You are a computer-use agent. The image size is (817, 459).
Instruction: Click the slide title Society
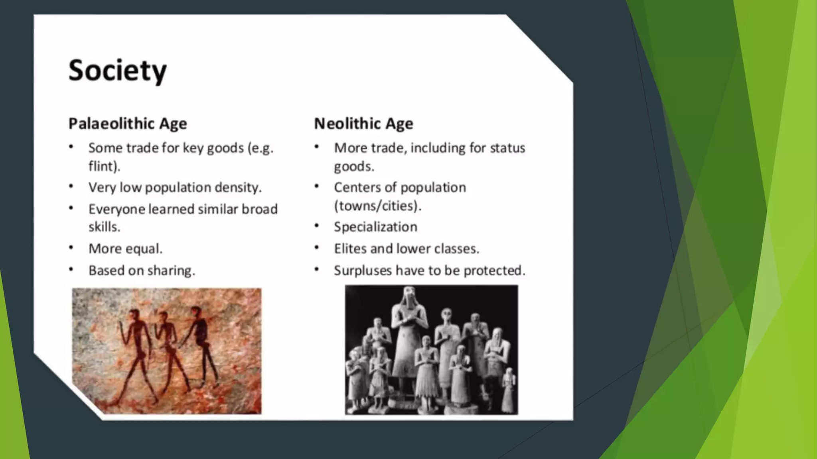pos(117,71)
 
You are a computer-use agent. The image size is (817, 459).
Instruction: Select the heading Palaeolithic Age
pos(128,124)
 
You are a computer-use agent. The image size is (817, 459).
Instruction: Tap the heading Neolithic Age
pos(363,124)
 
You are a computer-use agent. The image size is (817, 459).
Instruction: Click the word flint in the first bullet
pos(103,166)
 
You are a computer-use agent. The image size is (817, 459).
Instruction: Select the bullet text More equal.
pos(125,249)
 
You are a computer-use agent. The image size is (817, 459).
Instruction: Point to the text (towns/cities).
pos(377,206)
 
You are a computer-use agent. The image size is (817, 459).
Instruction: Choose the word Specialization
pos(375,227)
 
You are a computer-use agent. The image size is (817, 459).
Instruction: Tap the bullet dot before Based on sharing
pos(71,270)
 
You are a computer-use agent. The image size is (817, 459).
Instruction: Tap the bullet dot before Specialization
pos(317,226)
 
